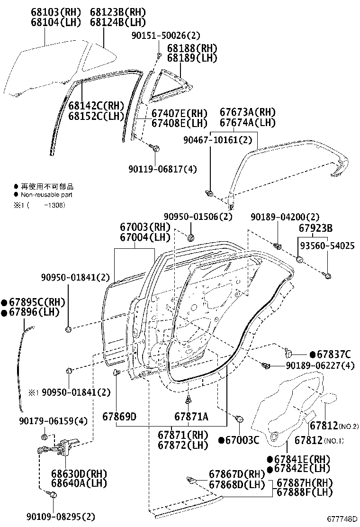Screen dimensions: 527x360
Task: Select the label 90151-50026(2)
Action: (x=166, y=36)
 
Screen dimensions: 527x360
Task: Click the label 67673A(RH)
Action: (x=248, y=113)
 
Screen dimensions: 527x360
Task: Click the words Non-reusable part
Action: (x=46, y=195)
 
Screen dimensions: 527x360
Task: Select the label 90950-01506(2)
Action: (x=198, y=217)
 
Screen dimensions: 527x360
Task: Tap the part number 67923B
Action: (x=315, y=227)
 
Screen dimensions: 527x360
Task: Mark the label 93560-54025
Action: (x=327, y=246)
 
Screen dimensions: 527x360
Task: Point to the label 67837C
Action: (x=334, y=354)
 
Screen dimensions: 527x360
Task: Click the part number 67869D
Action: (x=119, y=417)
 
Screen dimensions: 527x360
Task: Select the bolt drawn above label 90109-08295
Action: (x=53, y=495)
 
